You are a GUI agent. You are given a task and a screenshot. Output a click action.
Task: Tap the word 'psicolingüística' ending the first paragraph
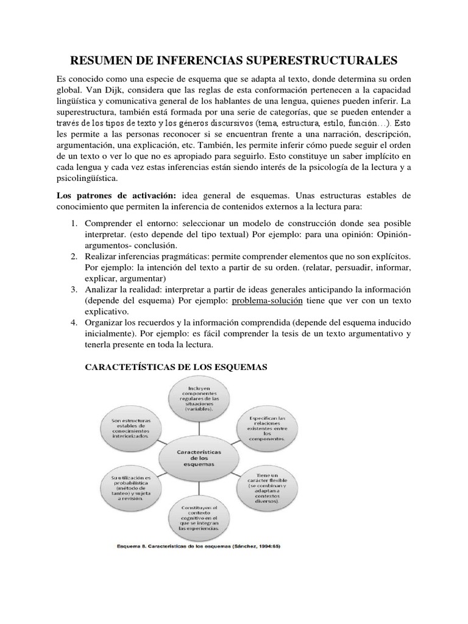click(88, 179)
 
